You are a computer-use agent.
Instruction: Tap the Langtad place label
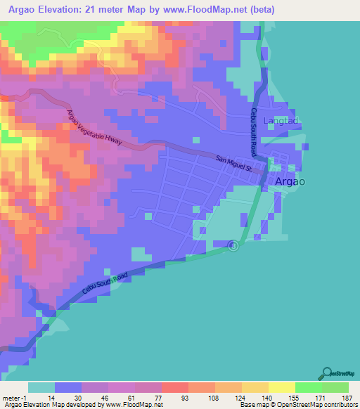[x=281, y=121]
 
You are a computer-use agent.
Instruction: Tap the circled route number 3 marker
[x=234, y=245]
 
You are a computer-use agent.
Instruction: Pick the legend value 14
[x=51, y=397]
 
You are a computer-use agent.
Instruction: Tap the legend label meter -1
[x=13, y=397]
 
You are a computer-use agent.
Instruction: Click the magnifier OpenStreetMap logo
[x=327, y=373]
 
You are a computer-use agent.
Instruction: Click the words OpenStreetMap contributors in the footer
[x=319, y=405]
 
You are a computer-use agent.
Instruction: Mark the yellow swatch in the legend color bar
[x=281, y=387]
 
